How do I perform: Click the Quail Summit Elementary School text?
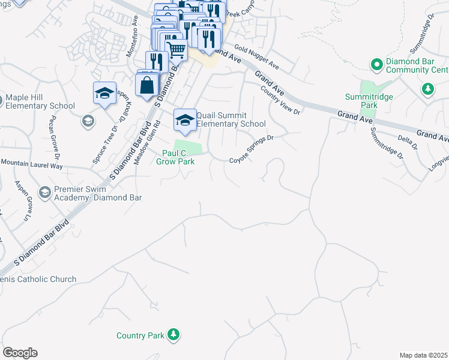coord(231,119)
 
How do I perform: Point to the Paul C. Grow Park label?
coord(175,157)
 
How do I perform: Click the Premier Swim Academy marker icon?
coord(44,193)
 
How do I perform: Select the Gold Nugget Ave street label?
coord(257,56)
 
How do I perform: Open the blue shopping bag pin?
coord(148,85)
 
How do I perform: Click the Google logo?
coord(20,353)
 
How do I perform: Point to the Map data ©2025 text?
coord(423,355)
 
